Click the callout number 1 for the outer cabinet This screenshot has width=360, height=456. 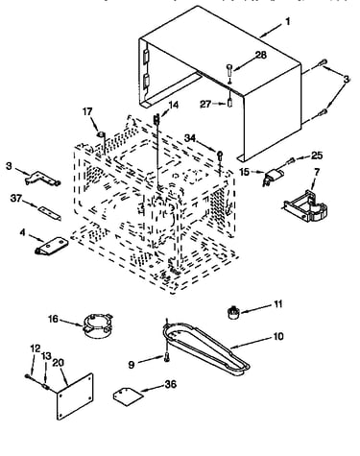pyautogui.click(x=288, y=22)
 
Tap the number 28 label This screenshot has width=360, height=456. pyautogui.click(x=261, y=55)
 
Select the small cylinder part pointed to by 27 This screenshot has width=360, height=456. pyautogui.click(x=229, y=104)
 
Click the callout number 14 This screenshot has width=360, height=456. pyautogui.click(x=174, y=105)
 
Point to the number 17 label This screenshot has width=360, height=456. pyautogui.click(x=87, y=111)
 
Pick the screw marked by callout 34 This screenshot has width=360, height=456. pyautogui.click(x=220, y=155)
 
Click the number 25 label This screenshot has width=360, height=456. pyautogui.click(x=317, y=156)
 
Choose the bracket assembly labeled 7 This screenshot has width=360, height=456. pyautogui.click(x=306, y=206)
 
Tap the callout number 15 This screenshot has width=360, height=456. pyautogui.click(x=244, y=172)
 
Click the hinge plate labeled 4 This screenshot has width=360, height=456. pyautogui.click(x=51, y=246)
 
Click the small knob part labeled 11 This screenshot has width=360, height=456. pyautogui.click(x=233, y=312)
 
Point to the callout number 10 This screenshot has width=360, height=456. pyautogui.click(x=278, y=336)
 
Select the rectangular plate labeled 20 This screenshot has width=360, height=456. pyautogui.click(x=75, y=396)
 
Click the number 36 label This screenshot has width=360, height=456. pyautogui.click(x=171, y=384)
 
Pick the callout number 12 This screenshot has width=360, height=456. pyautogui.click(x=36, y=348)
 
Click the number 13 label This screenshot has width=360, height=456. pyautogui.click(x=47, y=356)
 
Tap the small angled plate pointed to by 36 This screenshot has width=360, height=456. pyautogui.click(x=128, y=396)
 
